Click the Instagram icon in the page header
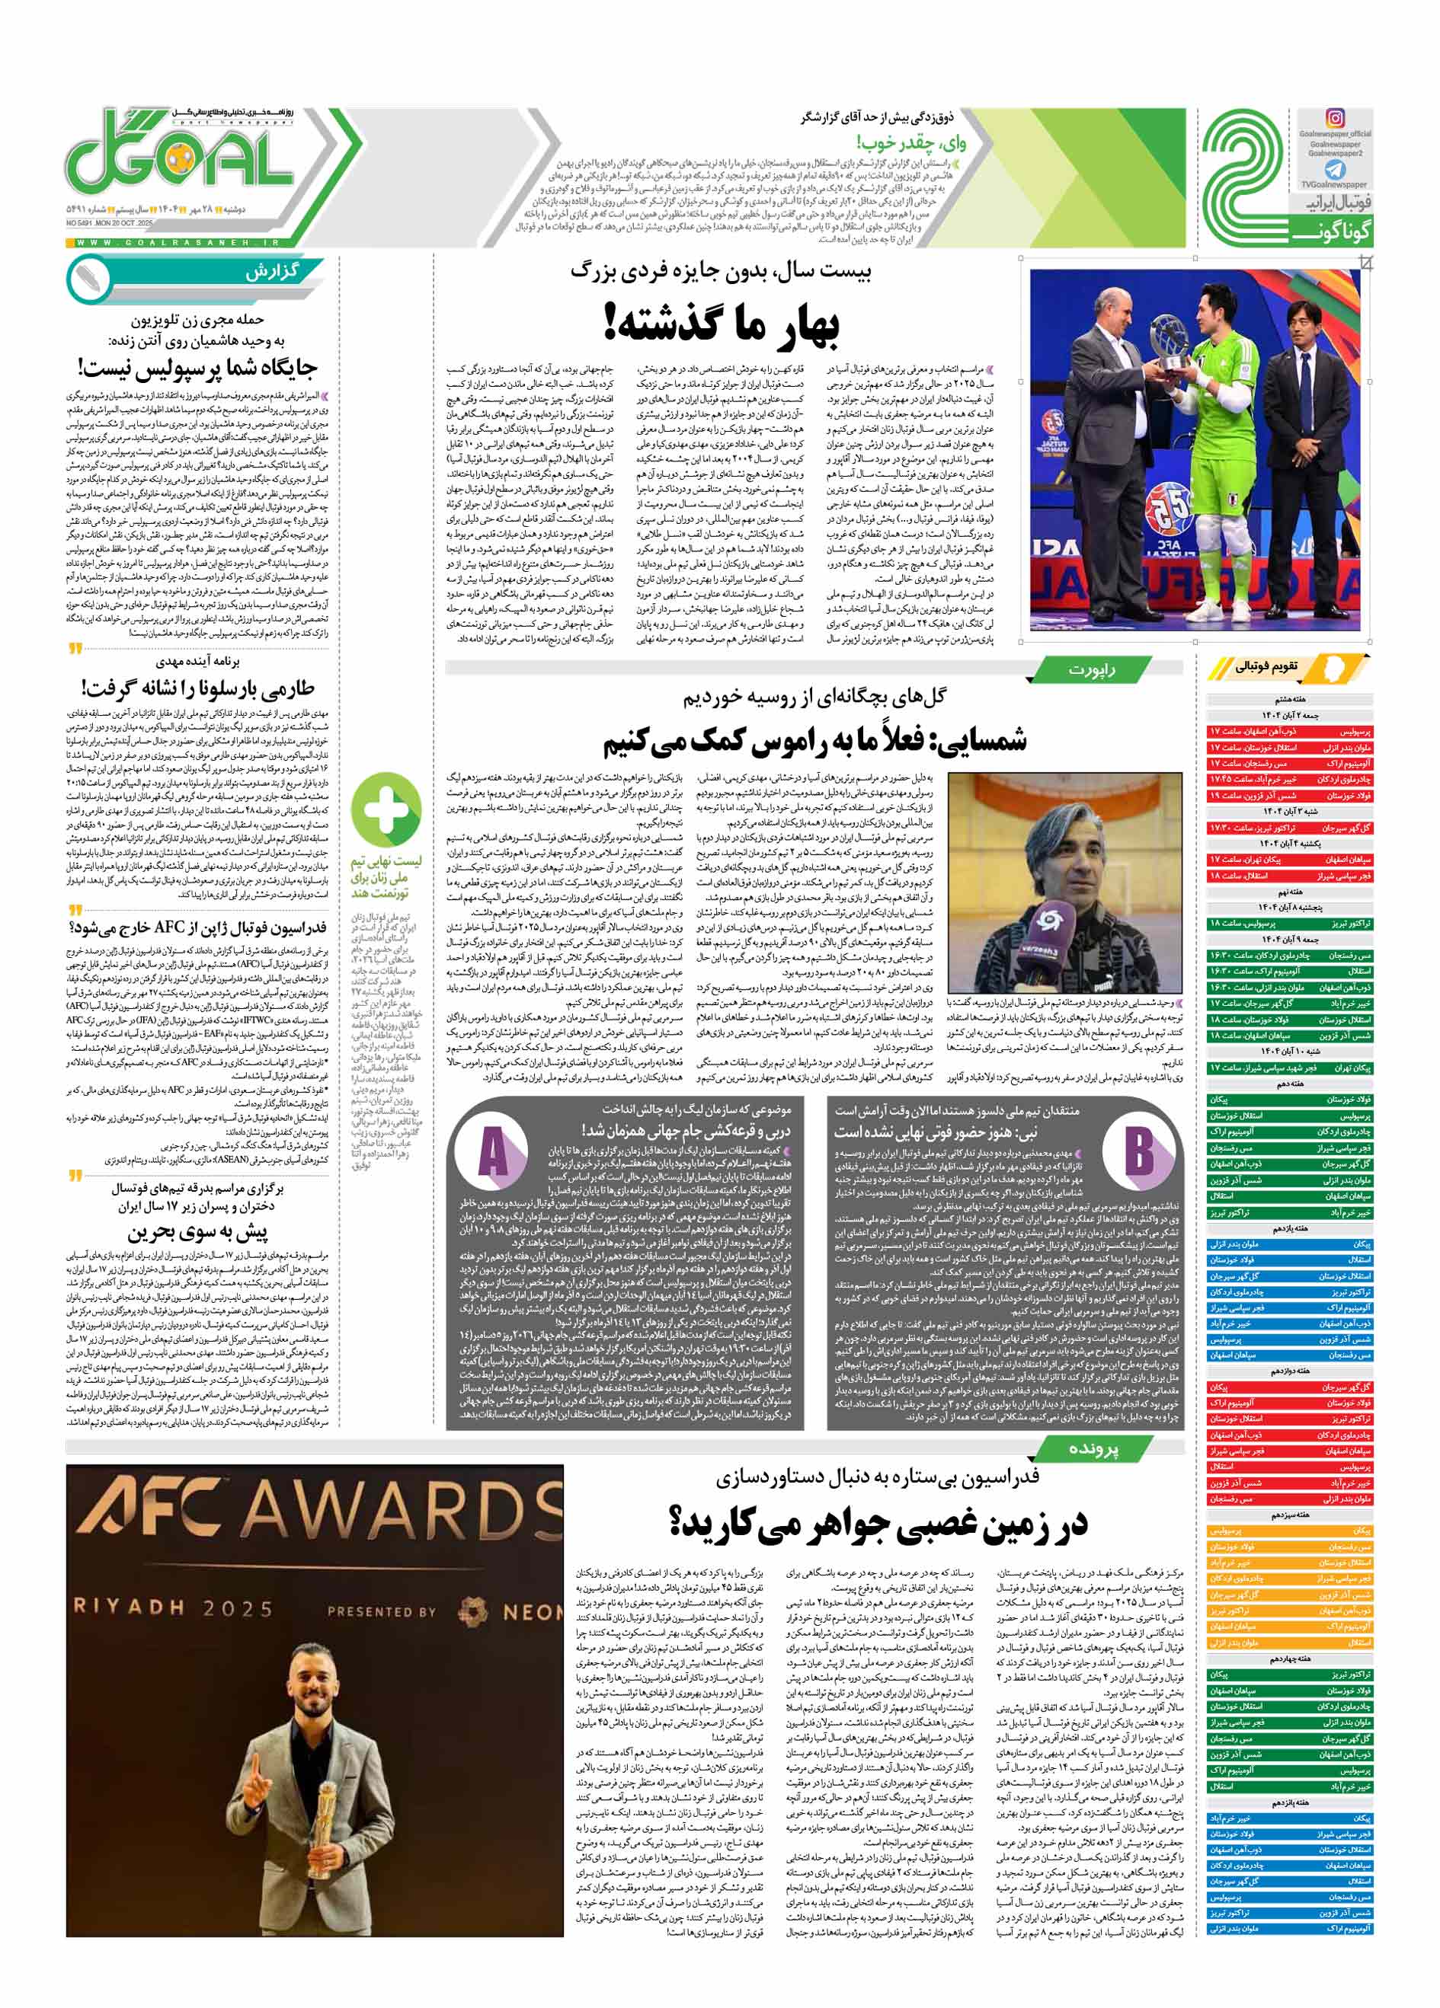click(x=1335, y=118)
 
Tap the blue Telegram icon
click(x=1335, y=170)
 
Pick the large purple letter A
click(x=493, y=1154)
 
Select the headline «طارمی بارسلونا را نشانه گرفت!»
click(x=197, y=688)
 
